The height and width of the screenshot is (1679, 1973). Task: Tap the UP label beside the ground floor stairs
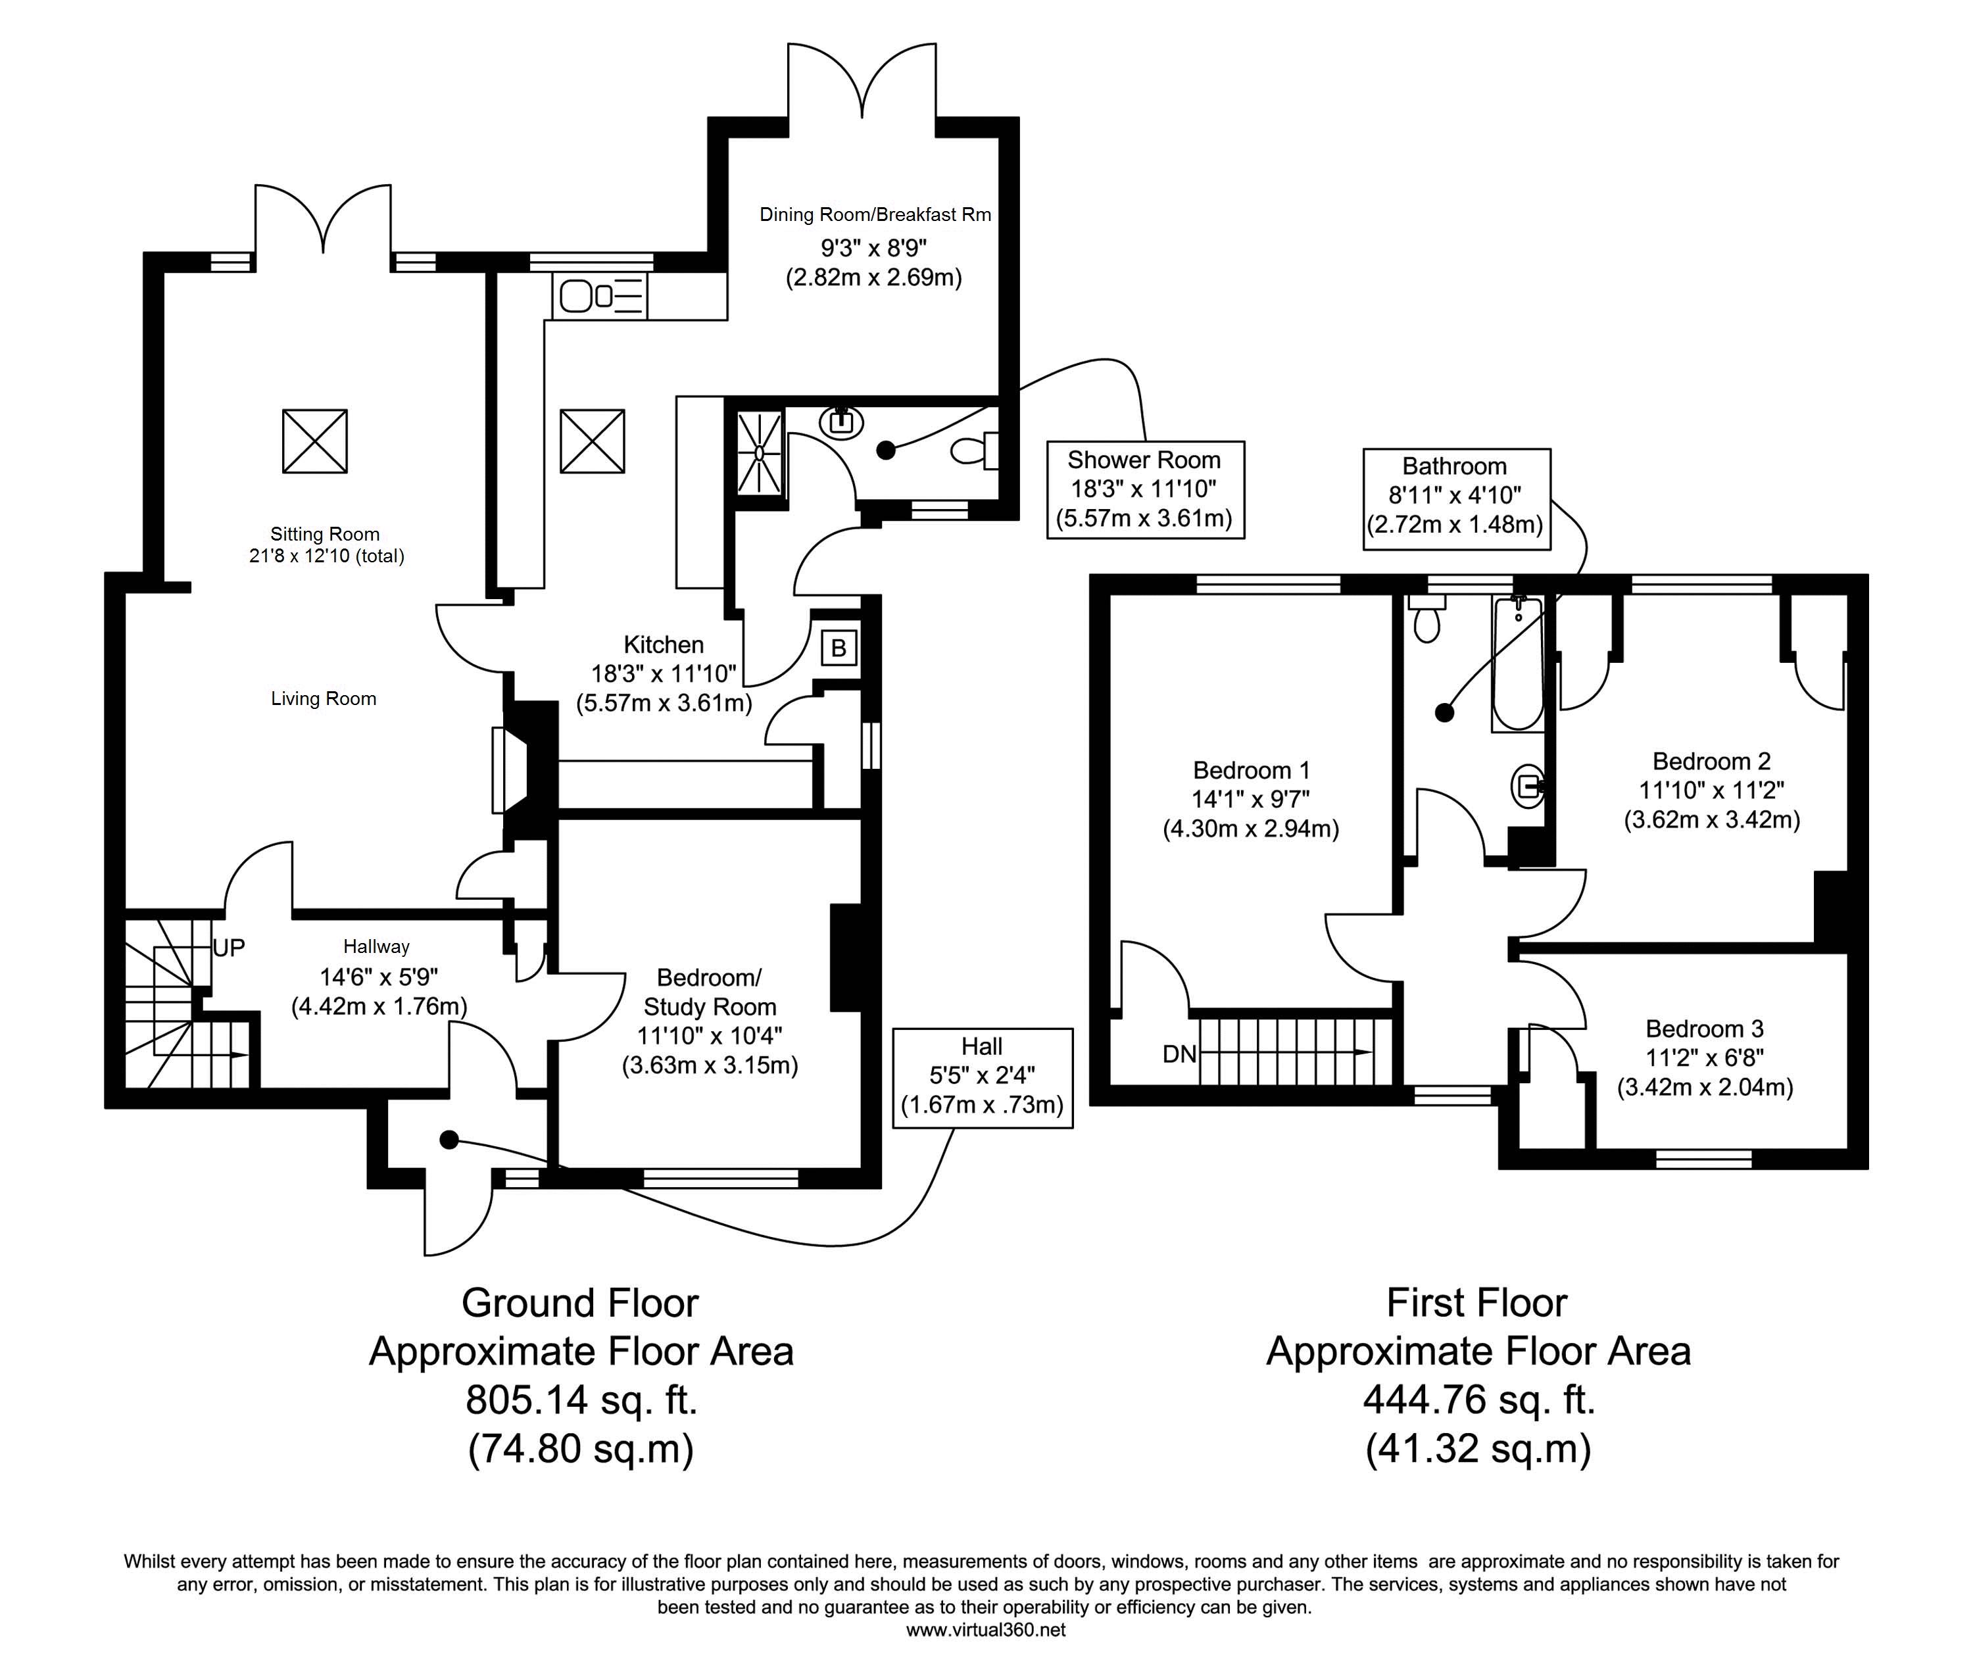228,947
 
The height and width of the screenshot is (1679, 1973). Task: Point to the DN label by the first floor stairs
1179,1054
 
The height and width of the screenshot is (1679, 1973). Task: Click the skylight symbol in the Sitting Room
314,441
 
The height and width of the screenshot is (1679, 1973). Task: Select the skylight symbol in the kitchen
592,441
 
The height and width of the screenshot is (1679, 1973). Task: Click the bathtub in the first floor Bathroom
1517,664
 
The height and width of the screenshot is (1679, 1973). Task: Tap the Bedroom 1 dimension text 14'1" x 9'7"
1251,798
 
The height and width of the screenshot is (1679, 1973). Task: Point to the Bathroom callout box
1456,499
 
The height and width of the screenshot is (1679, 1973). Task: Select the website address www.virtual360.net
985,1630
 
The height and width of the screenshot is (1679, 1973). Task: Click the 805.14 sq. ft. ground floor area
581,1400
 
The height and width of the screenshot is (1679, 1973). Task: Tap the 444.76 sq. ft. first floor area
1478,1400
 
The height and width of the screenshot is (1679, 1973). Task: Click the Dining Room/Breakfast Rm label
875,214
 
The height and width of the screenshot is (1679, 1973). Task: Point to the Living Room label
324,698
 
